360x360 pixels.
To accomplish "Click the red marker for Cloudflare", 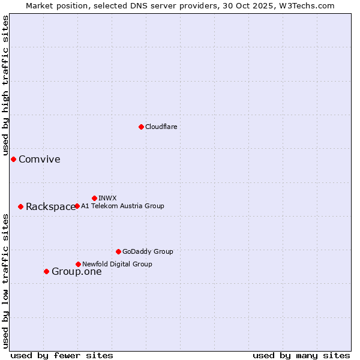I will (x=141, y=127).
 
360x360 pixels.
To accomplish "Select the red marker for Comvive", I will (x=13, y=159).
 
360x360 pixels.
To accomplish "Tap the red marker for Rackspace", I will (x=20, y=206).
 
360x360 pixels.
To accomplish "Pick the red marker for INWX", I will (x=94, y=198).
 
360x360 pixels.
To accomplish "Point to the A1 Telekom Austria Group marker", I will (x=77, y=206).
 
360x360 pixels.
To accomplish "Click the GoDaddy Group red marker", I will (x=118, y=251).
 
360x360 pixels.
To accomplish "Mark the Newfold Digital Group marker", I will (x=78, y=264).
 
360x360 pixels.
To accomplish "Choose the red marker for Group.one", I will (x=46, y=271).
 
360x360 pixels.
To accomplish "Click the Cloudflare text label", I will (x=161, y=127).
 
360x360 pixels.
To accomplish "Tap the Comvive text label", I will (x=40, y=159).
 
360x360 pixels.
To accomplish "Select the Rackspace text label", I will (x=50, y=207).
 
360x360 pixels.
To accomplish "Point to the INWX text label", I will (x=107, y=198).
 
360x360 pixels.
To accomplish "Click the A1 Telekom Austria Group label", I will (x=122, y=206).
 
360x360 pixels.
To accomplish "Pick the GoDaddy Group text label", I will (x=148, y=251).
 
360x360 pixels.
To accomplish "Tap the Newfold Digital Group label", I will (x=117, y=264).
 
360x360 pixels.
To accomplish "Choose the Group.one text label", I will (x=77, y=272).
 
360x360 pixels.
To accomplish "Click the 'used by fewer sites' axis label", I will (x=62, y=355).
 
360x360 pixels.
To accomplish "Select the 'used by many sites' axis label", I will (x=301, y=355).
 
